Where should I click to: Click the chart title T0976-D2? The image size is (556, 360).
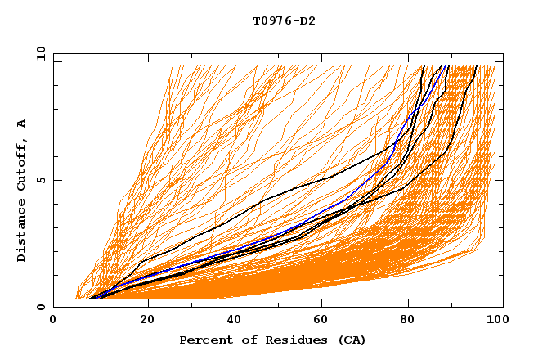click(284, 20)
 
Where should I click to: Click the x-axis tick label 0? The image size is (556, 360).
click(53, 321)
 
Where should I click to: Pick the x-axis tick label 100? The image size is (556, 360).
click(495, 321)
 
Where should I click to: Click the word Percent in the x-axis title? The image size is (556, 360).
click(203, 340)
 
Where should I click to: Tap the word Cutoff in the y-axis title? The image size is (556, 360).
click(22, 167)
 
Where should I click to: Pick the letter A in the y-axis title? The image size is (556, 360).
click(22, 123)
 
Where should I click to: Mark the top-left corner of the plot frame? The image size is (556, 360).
click(53, 54)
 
